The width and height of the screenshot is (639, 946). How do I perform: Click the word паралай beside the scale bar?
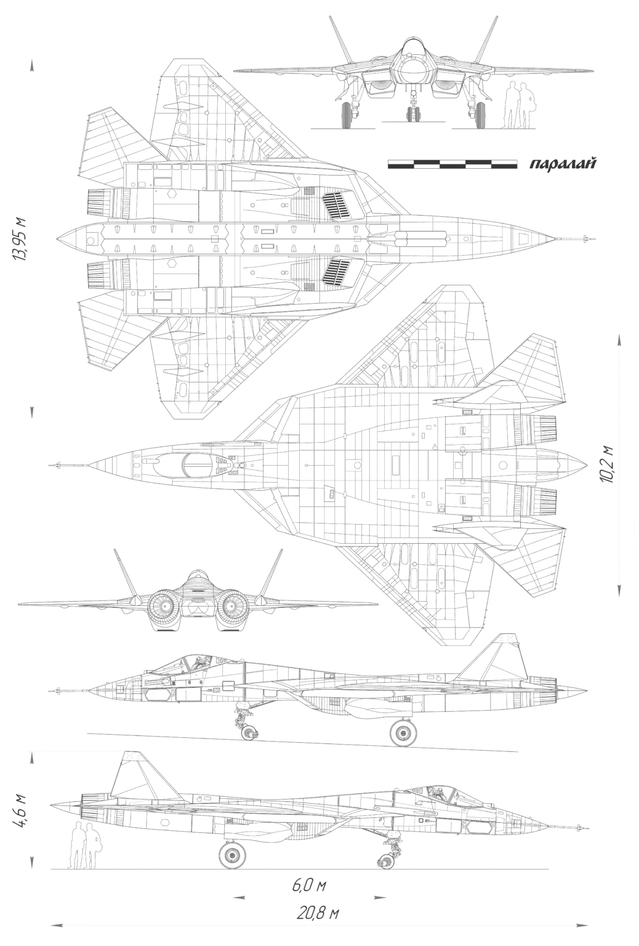[x=563, y=163]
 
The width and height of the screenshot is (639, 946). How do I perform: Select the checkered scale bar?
[x=452, y=164]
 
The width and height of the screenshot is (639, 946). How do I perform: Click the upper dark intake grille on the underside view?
[x=337, y=206]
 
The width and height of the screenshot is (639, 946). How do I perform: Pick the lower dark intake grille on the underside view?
[x=337, y=272]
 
